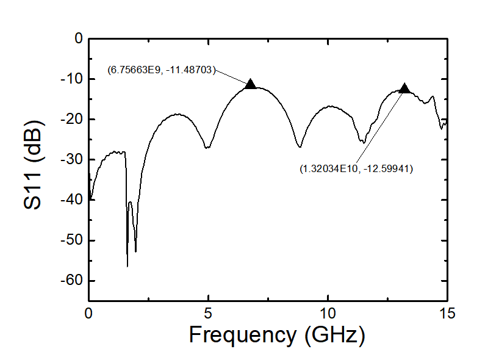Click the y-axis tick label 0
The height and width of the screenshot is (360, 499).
77,38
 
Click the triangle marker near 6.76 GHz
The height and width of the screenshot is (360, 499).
250,84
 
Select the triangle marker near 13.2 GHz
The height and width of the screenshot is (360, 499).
404,88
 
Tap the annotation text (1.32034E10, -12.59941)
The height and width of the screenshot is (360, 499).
356,169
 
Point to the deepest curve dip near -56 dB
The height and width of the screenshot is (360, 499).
127,266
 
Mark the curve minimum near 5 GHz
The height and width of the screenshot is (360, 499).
207,148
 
